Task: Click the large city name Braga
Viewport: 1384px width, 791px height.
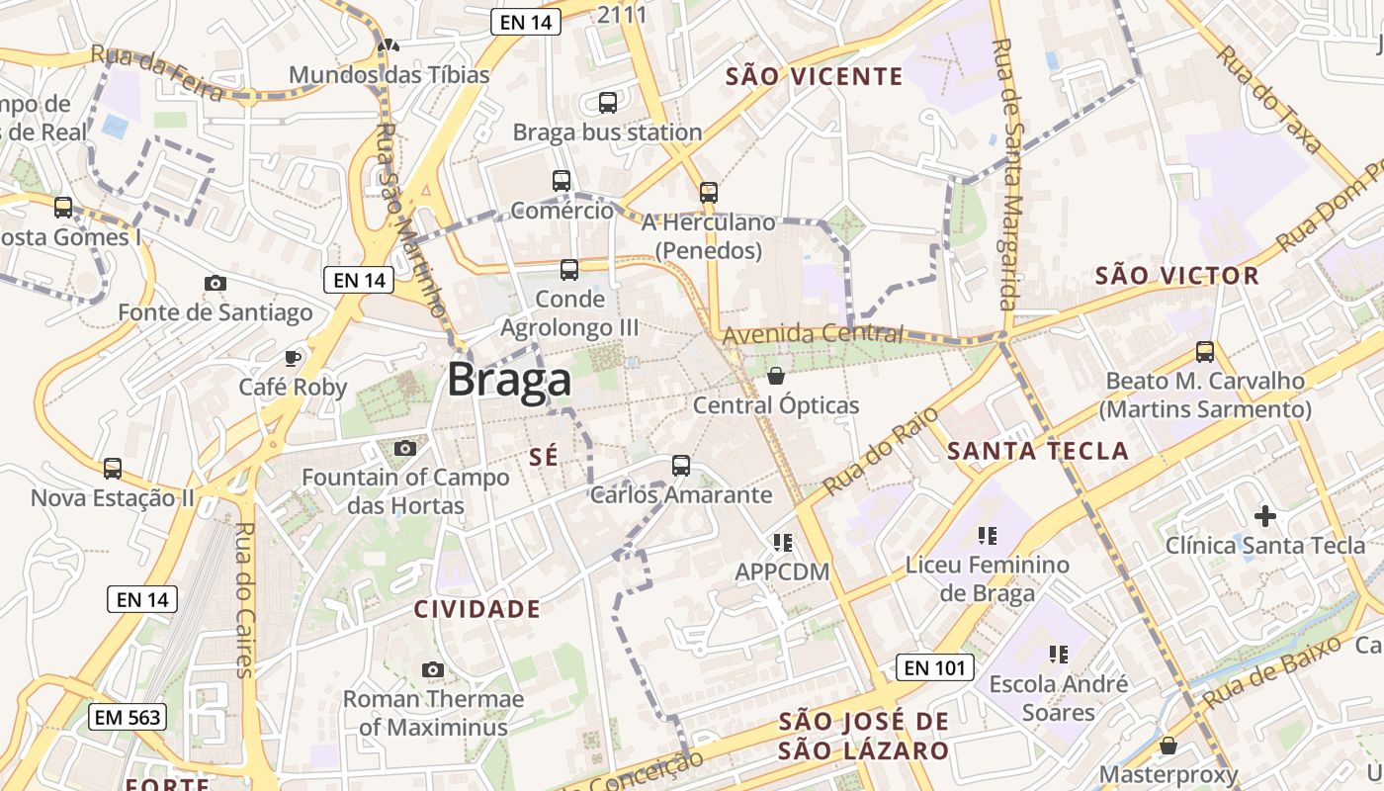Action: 509,380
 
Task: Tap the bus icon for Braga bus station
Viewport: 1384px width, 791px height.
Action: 608,102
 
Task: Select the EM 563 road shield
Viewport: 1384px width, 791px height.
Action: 128,717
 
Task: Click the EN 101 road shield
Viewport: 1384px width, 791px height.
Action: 935,667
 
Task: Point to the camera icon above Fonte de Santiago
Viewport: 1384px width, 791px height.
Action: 215,284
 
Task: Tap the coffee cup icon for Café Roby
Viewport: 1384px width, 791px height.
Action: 293,357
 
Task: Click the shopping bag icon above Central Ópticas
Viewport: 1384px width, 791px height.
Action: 776,376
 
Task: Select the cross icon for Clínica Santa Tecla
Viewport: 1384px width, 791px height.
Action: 1264,515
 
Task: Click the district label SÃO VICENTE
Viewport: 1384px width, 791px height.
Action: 814,76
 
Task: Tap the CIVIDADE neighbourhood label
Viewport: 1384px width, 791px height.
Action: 476,609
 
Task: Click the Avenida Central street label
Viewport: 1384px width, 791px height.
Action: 813,334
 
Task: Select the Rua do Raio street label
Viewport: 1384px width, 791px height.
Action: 867,450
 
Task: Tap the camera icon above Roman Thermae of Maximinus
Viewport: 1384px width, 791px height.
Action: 432,669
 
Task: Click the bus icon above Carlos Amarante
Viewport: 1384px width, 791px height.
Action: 680,465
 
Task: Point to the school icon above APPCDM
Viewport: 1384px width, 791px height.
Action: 783,542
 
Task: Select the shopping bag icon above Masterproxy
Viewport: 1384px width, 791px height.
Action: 1168,745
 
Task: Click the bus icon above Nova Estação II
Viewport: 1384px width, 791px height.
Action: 113,468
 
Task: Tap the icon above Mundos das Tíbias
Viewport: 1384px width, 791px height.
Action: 389,45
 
